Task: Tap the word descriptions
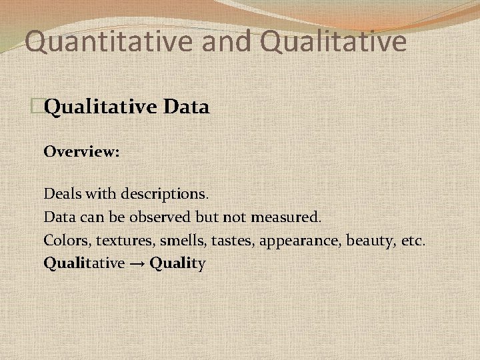pyautogui.click(x=165, y=195)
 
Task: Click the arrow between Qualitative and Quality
pyautogui.click(x=137, y=263)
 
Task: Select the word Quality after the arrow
pyautogui.click(x=178, y=263)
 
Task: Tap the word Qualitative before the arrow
pyautogui.click(x=84, y=263)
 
